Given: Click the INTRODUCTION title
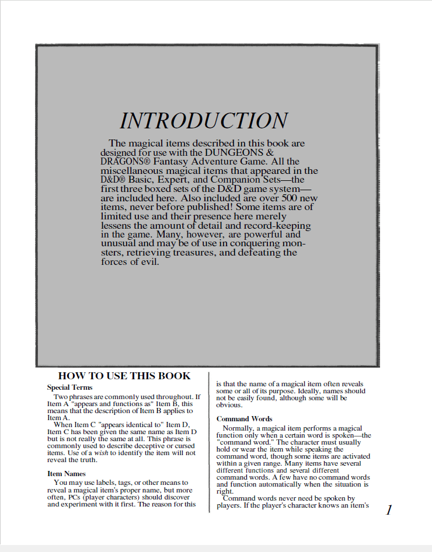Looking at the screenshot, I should coord(204,121).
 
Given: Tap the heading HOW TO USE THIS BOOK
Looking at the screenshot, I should coord(124,376).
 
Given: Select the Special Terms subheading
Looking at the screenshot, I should coord(69,387).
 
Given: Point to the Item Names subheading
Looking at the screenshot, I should coord(67,474).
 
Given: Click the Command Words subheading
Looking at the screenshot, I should coord(244,419).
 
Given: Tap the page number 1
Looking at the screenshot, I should coord(389,511).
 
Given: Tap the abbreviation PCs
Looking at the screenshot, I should coord(74,497).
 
